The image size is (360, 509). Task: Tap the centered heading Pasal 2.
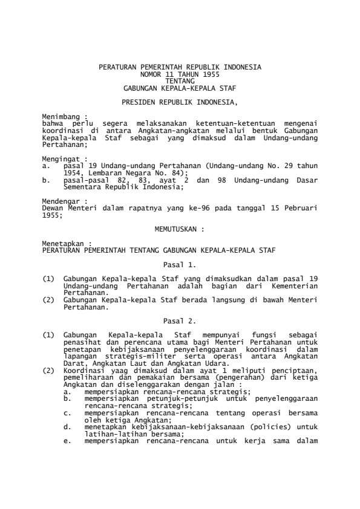click(x=180, y=320)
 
